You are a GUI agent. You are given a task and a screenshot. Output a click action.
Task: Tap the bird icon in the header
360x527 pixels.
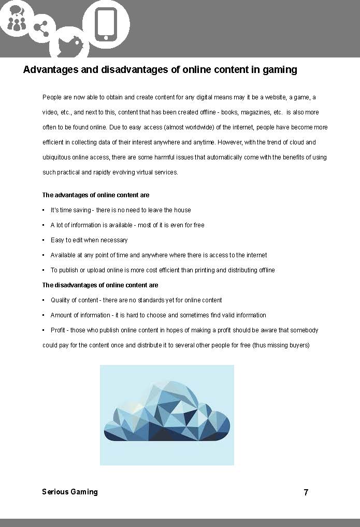click(69, 44)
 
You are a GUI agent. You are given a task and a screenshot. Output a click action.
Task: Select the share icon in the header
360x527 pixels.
click(41, 27)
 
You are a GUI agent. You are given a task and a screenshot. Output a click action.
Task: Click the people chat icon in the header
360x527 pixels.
click(17, 18)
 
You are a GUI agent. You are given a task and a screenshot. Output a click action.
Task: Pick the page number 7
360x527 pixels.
click(306, 492)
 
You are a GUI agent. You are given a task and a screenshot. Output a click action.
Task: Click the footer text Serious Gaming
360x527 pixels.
click(69, 492)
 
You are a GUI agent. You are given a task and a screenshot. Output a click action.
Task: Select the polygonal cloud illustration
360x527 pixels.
click(167, 414)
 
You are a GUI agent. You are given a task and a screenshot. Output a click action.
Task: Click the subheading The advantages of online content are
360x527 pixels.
click(96, 195)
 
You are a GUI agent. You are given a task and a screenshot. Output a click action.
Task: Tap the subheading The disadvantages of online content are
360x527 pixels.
click(100, 285)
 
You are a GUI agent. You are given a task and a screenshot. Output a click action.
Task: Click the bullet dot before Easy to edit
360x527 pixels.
click(44, 240)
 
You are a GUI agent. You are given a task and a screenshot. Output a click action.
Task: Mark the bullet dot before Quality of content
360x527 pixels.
click(44, 300)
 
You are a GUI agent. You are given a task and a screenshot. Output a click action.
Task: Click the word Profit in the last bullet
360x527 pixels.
click(57, 330)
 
